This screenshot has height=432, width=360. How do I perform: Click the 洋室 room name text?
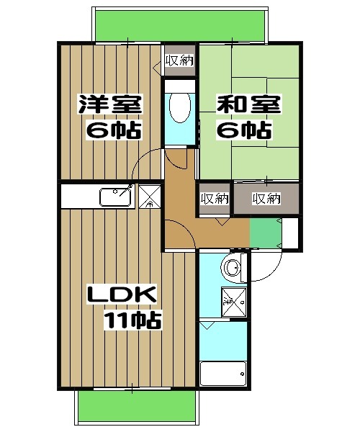[110, 104]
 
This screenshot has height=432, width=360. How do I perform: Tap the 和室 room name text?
[246, 104]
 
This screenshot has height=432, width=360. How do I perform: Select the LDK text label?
[121, 295]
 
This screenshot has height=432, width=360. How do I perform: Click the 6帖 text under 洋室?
[112, 131]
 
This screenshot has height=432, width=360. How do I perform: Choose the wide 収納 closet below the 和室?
[266, 199]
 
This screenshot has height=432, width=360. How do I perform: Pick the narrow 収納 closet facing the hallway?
[214, 199]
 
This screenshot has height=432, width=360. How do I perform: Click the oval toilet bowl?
[179, 107]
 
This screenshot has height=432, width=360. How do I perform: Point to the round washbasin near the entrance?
[233, 268]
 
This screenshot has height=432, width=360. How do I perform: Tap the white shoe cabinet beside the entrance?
[292, 233]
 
